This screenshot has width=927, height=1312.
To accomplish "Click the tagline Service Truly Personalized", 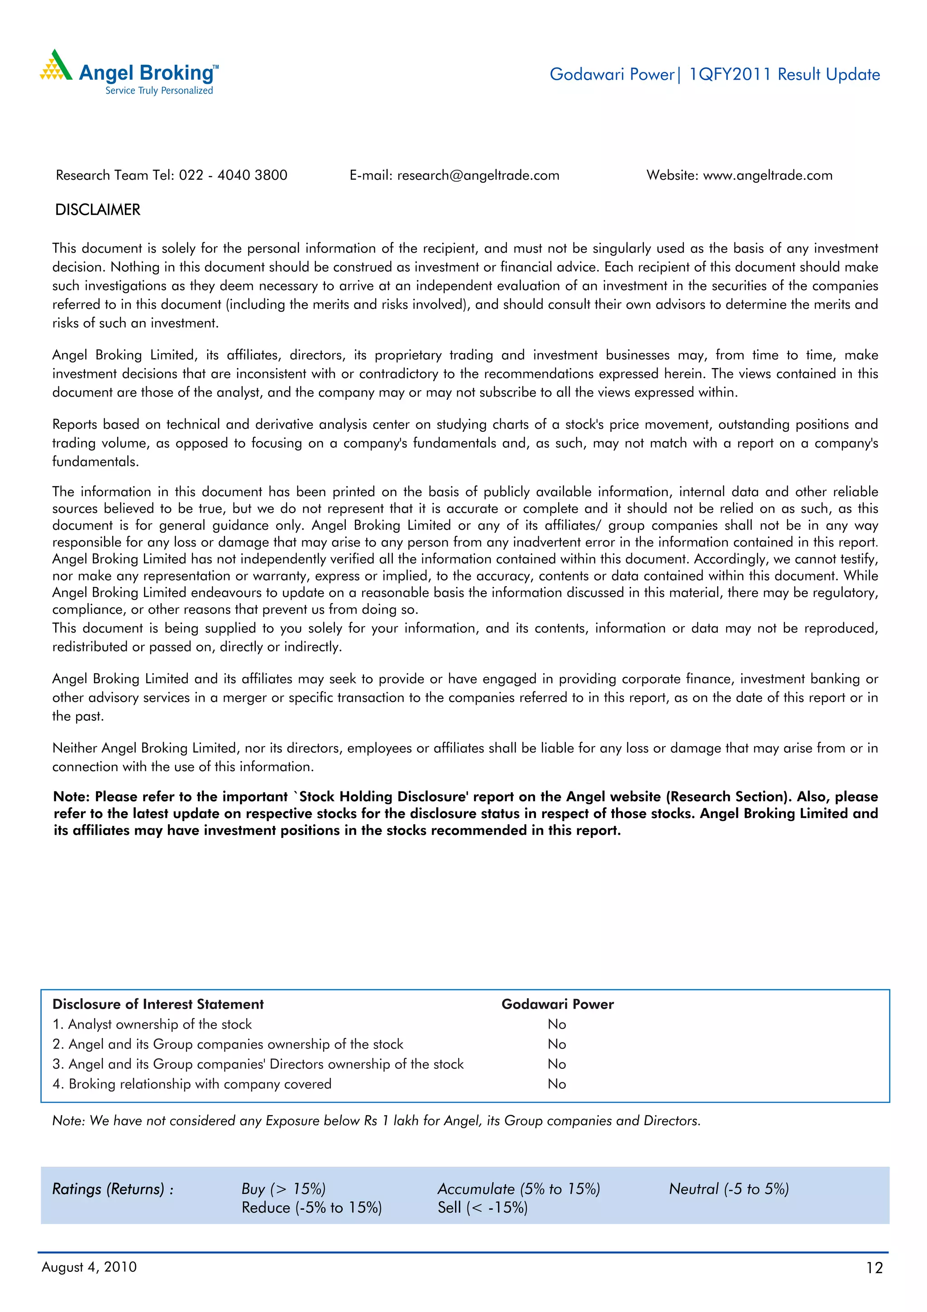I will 159,90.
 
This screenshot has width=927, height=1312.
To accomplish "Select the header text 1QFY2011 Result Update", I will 784,74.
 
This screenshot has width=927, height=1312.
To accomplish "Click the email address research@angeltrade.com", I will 478,175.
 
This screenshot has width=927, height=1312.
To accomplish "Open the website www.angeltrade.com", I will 767,175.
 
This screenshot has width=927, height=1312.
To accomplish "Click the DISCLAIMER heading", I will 98,210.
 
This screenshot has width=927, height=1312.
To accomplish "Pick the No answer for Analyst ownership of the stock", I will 556,1024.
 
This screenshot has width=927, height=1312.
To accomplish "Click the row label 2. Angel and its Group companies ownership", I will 227,1044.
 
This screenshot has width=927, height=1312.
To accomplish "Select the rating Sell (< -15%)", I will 483,1207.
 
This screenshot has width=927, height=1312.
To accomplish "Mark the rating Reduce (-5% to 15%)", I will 311,1207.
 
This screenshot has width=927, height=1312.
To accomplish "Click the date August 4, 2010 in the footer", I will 89,1267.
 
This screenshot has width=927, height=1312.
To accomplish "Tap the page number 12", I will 874,1268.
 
